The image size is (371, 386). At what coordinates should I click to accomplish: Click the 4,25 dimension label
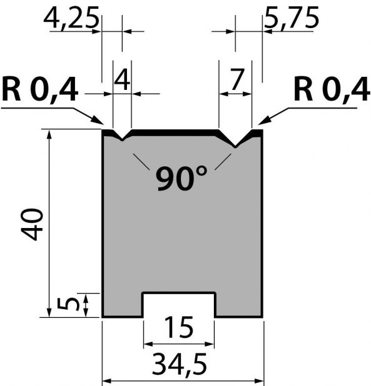[71, 17]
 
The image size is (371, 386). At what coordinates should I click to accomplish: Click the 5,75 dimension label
[292, 17]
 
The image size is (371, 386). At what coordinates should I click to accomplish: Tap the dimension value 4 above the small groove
[122, 79]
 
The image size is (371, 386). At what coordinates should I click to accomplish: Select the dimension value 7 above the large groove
[237, 79]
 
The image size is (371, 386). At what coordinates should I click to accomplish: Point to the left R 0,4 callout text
[40, 89]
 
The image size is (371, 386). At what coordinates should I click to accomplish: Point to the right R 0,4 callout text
[332, 89]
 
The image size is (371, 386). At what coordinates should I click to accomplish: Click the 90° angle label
[181, 178]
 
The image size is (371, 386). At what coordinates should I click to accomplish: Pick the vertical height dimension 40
[32, 224]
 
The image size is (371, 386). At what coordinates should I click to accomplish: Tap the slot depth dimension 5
[68, 304]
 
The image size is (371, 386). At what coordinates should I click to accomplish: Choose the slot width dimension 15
[178, 328]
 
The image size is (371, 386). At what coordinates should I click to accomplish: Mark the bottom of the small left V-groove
[122, 140]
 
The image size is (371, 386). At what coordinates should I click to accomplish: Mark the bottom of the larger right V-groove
[235, 147]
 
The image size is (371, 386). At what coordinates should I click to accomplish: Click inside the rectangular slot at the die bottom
[179, 305]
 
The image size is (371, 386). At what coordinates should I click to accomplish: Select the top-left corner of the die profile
[103, 129]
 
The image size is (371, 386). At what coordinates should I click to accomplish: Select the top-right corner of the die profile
[262, 130]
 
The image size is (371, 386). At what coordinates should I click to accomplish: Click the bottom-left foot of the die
[103, 317]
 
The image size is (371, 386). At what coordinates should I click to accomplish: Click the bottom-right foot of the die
[262, 317]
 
